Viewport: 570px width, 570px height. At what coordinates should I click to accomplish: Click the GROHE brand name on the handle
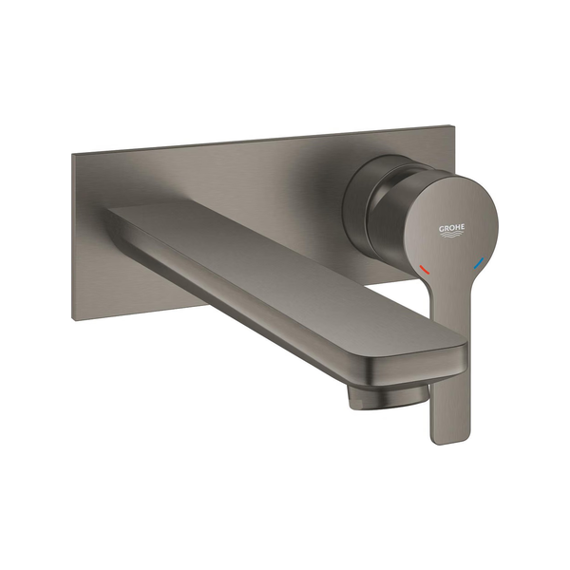click(451, 228)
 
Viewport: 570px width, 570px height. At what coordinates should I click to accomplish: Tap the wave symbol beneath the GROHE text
click(452, 236)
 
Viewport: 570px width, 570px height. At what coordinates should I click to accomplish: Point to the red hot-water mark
click(424, 269)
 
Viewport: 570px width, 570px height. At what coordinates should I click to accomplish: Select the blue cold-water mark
click(479, 263)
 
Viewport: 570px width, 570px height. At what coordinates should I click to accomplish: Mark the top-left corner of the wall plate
click(72, 154)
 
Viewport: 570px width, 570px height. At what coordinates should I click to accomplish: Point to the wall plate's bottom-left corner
click(72, 321)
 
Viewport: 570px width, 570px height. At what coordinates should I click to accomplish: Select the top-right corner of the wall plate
click(455, 125)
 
